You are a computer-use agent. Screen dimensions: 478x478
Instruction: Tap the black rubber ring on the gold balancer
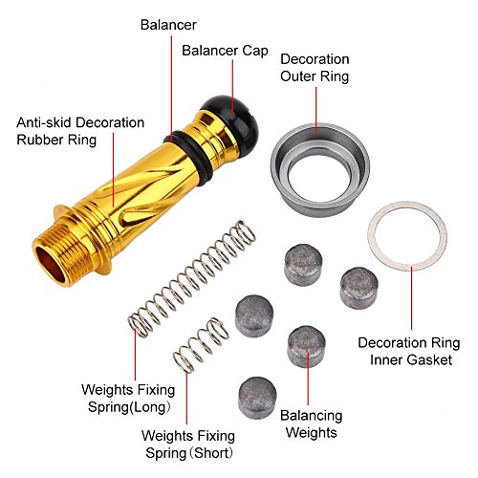(x=188, y=158)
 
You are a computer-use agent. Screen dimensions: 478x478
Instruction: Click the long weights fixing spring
(x=192, y=278)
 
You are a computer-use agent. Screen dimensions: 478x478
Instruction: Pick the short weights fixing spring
(x=201, y=345)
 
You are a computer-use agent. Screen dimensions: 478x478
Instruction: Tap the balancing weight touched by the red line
(x=307, y=346)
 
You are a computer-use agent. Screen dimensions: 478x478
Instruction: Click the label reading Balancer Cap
(x=225, y=51)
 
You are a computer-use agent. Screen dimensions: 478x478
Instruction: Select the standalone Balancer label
(x=168, y=25)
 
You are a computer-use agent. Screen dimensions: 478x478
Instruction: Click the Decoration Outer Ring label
(x=315, y=68)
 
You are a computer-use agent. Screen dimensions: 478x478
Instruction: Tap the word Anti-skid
(x=45, y=122)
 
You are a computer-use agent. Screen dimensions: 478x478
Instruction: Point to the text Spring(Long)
(x=129, y=407)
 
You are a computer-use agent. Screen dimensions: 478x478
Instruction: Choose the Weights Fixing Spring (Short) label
(x=188, y=445)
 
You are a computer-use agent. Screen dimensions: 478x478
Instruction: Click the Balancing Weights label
(x=312, y=424)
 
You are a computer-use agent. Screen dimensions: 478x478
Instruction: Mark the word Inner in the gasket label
(x=385, y=360)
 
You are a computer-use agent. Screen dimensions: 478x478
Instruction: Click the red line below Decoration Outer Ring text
(x=316, y=111)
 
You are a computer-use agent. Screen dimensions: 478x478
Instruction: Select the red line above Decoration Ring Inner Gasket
(x=411, y=298)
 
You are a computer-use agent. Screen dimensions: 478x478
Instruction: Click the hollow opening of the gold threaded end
(x=51, y=265)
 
